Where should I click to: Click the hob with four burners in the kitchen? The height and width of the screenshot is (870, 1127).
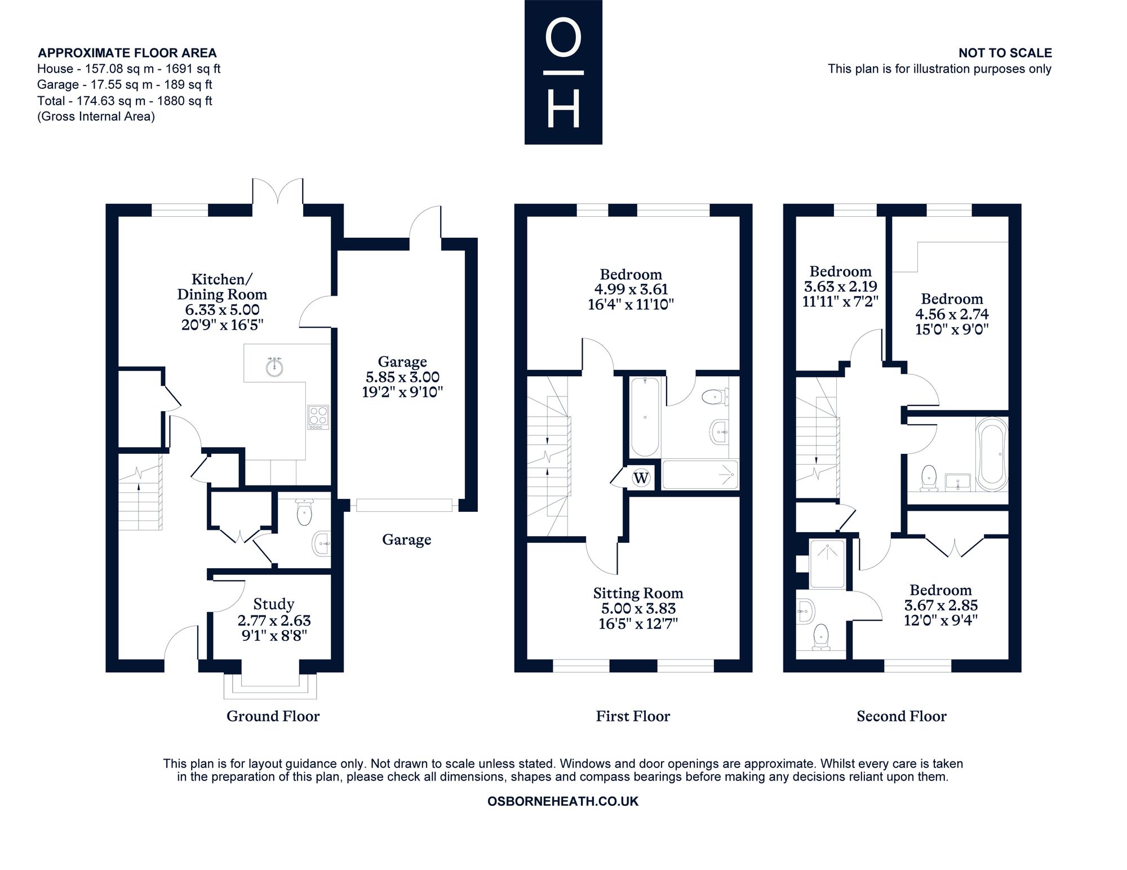[318, 417]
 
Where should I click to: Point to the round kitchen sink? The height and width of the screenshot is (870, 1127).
[274, 367]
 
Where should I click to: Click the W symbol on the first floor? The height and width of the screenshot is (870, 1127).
[641, 478]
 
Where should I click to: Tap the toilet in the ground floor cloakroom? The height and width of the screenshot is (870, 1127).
[304, 512]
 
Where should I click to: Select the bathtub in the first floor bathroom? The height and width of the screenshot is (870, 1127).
[645, 417]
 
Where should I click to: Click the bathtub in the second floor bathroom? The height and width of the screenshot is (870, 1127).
[992, 454]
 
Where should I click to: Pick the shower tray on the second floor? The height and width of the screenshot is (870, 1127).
[827, 564]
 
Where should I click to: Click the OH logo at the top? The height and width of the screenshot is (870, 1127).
[563, 72]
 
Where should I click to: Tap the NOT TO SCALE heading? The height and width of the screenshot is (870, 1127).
[1005, 53]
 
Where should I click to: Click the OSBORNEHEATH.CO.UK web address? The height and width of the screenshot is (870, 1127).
[563, 801]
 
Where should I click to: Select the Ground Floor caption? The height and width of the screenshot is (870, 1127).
[273, 716]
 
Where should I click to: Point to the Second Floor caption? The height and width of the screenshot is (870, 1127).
[902, 716]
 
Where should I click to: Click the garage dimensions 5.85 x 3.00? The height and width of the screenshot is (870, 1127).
[402, 377]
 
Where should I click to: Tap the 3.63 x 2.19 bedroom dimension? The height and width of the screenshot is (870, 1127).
[840, 286]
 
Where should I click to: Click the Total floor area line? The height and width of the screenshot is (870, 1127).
[125, 101]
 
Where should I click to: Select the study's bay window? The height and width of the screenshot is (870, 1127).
[270, 685]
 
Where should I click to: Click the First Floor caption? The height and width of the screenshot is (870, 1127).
[633, 716]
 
